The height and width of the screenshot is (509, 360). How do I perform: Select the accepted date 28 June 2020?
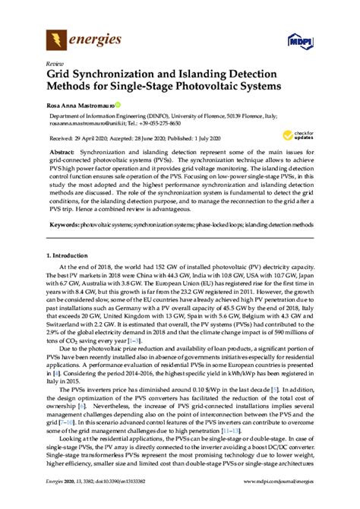pos(158,139)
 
